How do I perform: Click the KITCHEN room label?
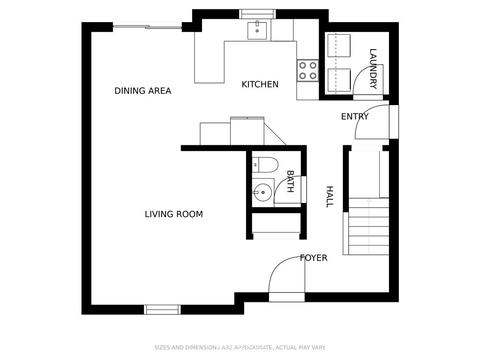pyautogui.click(x=260, y=84)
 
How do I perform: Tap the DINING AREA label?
pyautogui.click(x=143, y=91)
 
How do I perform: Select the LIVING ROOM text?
pyautogui.click(x=174, y=214)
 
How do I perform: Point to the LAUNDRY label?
pyautogui.click(x=373, y=69)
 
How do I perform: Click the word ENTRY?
pyautogui.click(x=355, y=116)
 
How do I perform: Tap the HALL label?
pyautogui.click(x=329, y=197)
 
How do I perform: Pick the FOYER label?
pyautogui.click(x=314, y=258)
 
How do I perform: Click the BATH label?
pyautogui.click(x=290, y=181)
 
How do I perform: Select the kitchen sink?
pyautogui.click(x=257, y=30)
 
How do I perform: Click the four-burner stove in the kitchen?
pyautogui.click(x=308, y=70)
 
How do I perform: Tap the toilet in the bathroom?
pyautogui.click(x=265, y=165)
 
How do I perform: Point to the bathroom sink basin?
pyautogui.click(x=263, y=192)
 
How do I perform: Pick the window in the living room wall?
pyautogui.click(x=162, y=310)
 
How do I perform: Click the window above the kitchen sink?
pyautogui.click(x=257, y=14)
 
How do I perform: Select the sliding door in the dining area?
pyautogui.click(x=147, y=27)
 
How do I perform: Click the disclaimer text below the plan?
pyautogui.click(x=240, y=347)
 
